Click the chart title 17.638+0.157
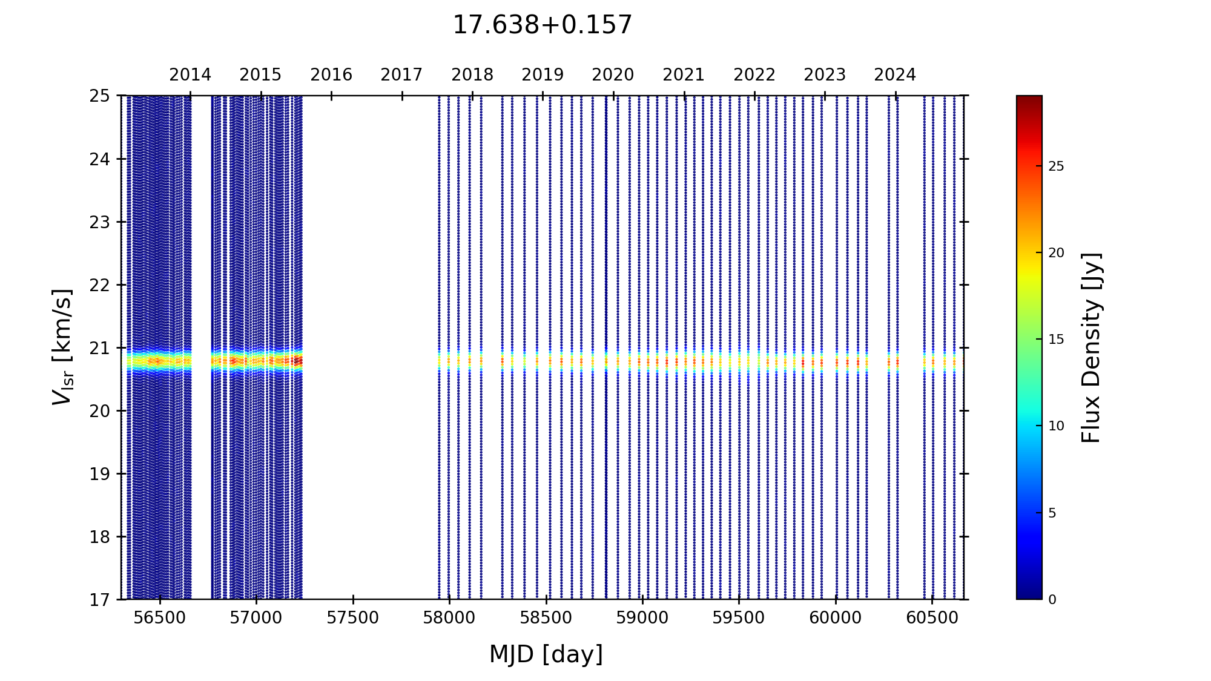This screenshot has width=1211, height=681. click(542, 25)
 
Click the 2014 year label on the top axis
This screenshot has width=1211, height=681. click(190, 75)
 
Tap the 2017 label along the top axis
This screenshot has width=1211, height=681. click(401, 75)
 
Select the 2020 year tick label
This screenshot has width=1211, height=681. click(613, 75)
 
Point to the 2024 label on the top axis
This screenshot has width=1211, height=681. click(895, 75)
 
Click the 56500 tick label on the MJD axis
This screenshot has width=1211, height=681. click(160, 618)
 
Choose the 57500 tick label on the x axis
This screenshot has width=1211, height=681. click(353, 618)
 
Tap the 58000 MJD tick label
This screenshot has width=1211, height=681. click(449, 618)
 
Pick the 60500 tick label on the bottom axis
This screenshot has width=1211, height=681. click(932, 618)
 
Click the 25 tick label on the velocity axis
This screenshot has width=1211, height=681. click(100, 96)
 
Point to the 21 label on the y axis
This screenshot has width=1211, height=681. click(100, 348)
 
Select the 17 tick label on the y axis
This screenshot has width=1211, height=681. click(100, 600)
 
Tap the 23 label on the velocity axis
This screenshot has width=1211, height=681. click(100, 222)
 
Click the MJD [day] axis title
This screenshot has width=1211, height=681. click(546, 654)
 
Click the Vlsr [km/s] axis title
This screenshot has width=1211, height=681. click(62, 347)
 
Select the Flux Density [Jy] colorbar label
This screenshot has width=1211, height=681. click(1091, 347)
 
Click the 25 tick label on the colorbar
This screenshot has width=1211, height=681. click(1056, 166)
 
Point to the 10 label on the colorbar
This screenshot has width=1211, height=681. click(1056, 426)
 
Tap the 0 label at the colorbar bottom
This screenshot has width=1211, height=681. click(1052, 600)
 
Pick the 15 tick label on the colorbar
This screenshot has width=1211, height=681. click(1056, 340)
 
